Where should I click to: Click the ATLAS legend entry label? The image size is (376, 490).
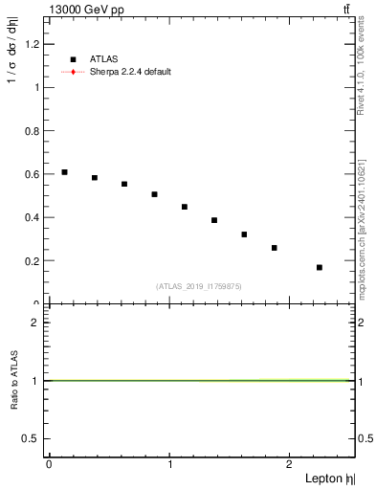tap(103, 59)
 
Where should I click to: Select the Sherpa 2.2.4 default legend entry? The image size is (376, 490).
tap(131, 72)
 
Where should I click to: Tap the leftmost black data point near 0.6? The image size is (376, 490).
tap(64, 172)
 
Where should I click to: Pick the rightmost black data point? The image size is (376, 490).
tap(319, 267)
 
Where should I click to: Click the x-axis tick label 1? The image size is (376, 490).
tap(170, 465)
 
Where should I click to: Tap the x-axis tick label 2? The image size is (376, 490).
tap(289, 465)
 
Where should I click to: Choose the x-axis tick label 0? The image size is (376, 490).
tap(50, 465)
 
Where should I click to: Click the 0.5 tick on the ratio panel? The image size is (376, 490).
tap(33, 438)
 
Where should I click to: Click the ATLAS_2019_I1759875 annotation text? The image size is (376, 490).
tap(199, 285)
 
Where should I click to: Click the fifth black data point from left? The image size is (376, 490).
tap(185, 207)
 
